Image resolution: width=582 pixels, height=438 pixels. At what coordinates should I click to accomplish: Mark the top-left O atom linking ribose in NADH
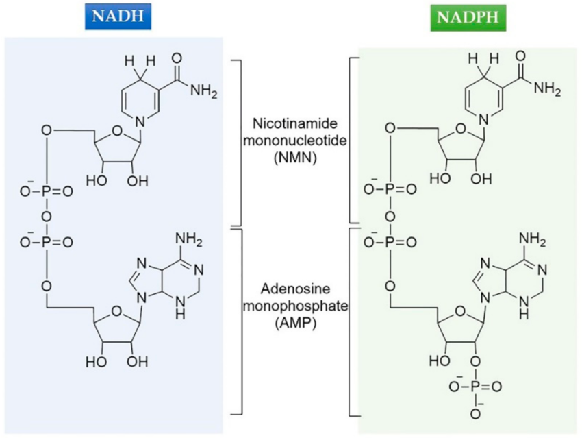pos(45,129)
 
